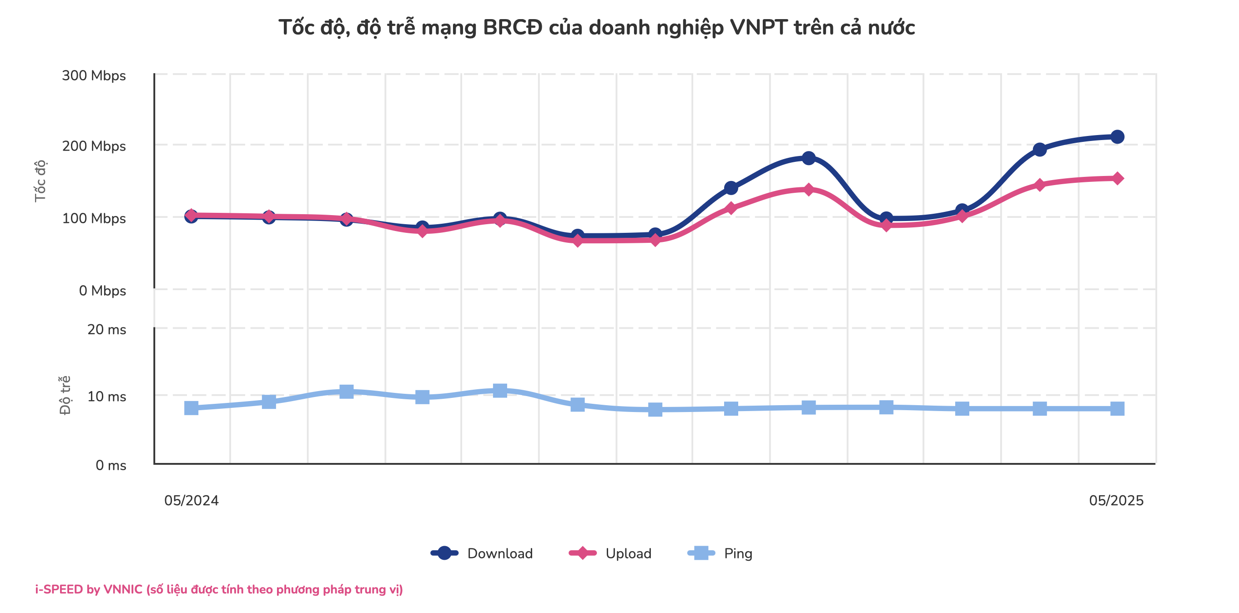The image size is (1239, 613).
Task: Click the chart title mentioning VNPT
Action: point(596,27)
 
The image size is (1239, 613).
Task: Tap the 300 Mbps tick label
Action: point(94,75)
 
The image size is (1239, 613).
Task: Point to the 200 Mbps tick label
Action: point(94,146)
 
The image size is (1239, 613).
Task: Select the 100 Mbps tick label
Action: point(94,218)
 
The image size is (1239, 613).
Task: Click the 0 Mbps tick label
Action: point(102,291)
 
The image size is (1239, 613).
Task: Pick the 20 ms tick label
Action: point(107,329)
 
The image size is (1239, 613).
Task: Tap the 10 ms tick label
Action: point(107,396)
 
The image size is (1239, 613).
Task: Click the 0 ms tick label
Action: point(111,465)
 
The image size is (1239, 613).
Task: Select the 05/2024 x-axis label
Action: point(191,501)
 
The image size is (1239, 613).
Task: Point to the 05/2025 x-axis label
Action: point(1116,501)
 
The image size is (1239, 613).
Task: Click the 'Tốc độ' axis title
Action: point(40,181)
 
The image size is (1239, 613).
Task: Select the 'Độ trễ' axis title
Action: point(65,395)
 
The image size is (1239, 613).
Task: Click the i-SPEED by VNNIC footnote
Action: point(219,589)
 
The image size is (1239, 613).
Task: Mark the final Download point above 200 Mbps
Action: point(1117,137)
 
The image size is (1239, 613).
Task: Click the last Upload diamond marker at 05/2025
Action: point(1117,178)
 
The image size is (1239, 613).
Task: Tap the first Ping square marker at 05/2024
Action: point(191,408)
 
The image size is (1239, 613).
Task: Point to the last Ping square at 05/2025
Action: point(1117,409)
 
